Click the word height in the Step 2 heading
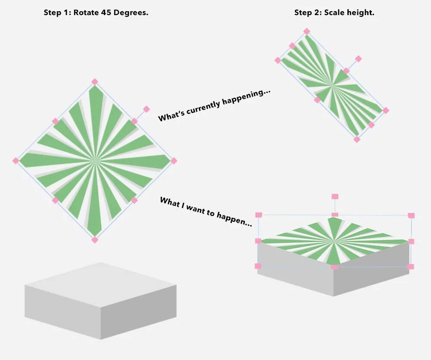pos(361,13)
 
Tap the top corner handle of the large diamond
pos(95,81)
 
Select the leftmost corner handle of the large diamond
pos(16,161)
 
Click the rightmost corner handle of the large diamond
pos(174,161)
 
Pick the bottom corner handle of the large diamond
pos(95,240)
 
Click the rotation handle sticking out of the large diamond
pos(146,109)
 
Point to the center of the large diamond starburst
pos(95,161)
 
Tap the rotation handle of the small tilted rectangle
pos(358,59)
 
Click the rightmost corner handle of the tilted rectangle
pos(386,110)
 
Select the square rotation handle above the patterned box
pos(335,197)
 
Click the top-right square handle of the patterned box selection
pos(411,215)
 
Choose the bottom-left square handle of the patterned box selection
pos(258,266)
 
